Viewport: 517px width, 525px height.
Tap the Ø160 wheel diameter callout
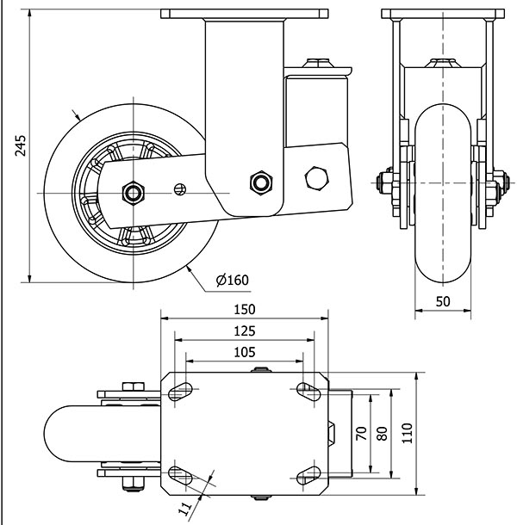(233, 280)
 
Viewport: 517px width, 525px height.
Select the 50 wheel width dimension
(442, 302)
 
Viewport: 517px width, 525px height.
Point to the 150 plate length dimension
(245, 310)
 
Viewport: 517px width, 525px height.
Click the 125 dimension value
(245, 330)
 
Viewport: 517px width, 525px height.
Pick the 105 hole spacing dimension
(245, 351)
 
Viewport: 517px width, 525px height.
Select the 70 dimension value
(362, 433)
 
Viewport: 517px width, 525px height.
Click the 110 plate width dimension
(408, 433)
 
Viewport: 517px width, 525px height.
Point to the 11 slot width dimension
(185, 510)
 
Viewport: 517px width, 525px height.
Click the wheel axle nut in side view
(134, 191)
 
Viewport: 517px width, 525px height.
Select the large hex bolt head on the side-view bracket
(317, 177)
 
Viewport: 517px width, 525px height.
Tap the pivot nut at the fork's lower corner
(258, 182)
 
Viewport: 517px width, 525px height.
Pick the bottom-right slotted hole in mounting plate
(307, 474)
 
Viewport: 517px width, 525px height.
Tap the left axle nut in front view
(383, 182)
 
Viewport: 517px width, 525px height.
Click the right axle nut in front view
(500, 182)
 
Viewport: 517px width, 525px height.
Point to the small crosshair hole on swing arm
(180, 188)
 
